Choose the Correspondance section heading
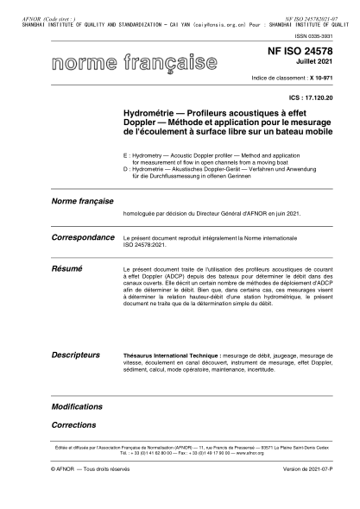point(83,236)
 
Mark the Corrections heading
point(73,424)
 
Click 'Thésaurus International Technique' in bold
point(172,355)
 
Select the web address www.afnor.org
point(225,451)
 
